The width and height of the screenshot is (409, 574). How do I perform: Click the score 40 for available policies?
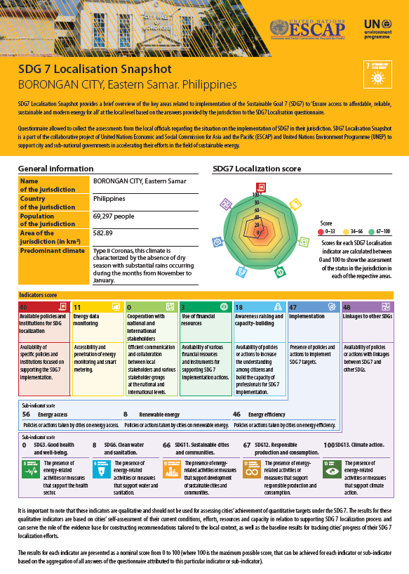(x=23, y=307)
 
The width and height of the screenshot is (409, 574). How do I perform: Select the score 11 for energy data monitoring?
(x=77, y=307)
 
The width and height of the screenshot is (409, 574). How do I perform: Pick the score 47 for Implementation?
(x=293, y=307)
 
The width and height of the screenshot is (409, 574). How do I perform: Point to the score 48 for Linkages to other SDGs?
(x=347, y=307)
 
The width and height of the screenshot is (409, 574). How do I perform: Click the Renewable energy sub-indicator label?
(x=159, y=415)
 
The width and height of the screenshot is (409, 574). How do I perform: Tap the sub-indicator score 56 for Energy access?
(x=26, y=415)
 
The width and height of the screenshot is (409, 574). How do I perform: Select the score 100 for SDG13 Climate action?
(x=328, y=445)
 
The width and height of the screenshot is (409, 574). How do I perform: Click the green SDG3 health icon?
(x=32, y=469)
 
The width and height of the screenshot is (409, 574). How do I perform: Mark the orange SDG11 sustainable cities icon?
(x=171, y=469)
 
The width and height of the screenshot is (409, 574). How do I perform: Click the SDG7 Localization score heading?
(x=257, y=169)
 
